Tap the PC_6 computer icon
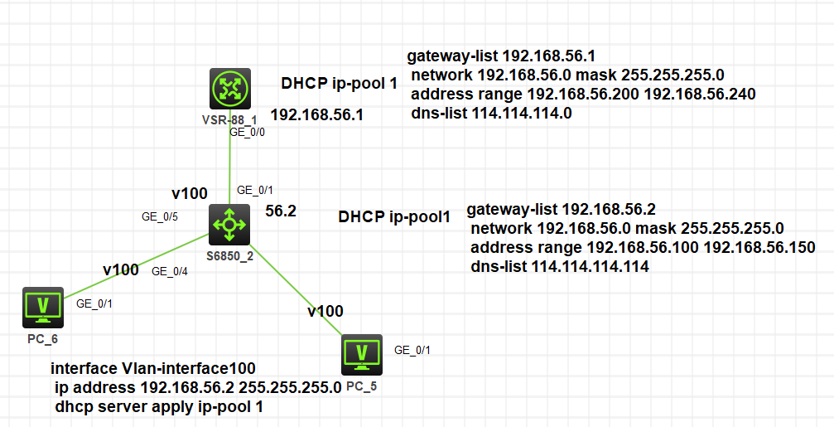(42, 308)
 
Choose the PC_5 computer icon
(362, 355)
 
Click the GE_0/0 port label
(247, 132)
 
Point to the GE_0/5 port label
(160, 217)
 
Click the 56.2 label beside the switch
(281, 211)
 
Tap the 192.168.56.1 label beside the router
(317, 114)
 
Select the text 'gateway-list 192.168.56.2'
(549, 210)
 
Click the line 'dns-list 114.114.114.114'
(560, 267)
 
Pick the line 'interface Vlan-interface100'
(153, 368)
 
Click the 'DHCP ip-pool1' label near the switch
(394, 217)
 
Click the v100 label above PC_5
(325, 312)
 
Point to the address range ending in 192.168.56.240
(583, 95)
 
